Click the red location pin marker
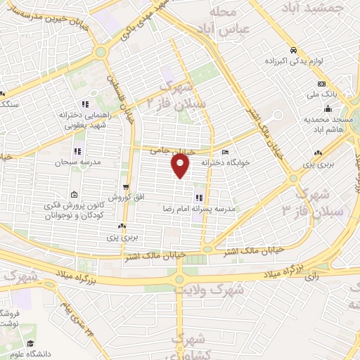coord(181,166)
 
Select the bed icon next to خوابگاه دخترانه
coord(225,152)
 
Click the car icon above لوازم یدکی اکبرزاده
coord(294,50)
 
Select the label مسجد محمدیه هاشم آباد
coord(326,124)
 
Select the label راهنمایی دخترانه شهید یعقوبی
coord(84,120)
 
